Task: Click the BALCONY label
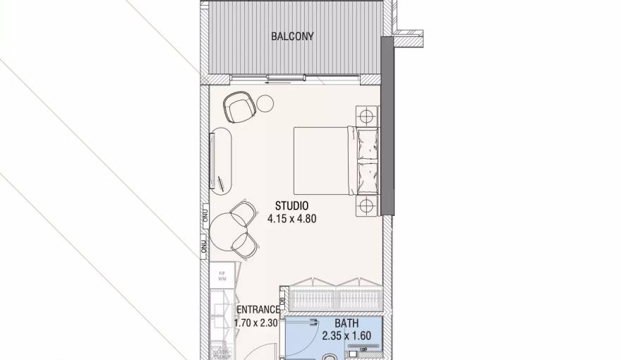click(292, 36)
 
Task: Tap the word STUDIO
click(291, 205)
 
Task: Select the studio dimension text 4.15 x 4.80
click(291, 219)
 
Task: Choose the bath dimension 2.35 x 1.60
click(346, 336)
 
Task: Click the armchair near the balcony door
click(238, 108)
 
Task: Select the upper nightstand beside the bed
click(367, 115)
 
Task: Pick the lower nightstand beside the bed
click(367, 205)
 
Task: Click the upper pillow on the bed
click(368, 146)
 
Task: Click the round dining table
click(227, 227)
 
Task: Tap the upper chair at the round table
click(244, 212)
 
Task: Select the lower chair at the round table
click(244, 244)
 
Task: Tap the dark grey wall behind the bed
click(387, 127)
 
